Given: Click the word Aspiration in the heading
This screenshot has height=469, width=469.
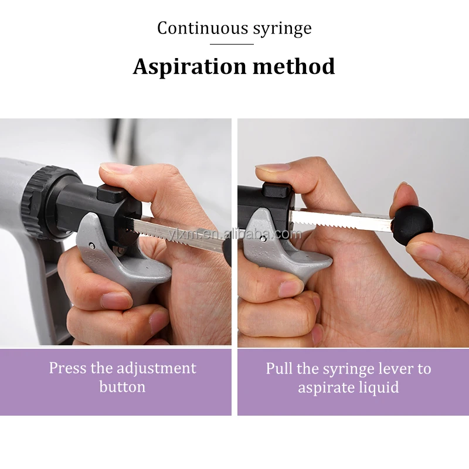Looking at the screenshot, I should [190, 67].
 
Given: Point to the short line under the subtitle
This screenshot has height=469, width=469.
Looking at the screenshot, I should [234, 44].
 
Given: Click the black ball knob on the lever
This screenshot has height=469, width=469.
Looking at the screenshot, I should [412, 222].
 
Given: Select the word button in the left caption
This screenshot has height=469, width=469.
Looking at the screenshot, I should [122, 387].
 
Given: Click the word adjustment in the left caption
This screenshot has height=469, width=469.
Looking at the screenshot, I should [156, 368].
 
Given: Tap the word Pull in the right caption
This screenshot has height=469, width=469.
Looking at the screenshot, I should [279, 368].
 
